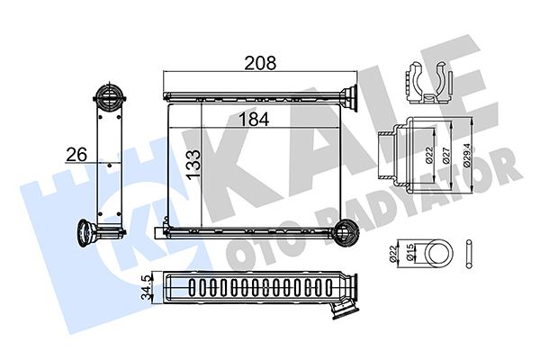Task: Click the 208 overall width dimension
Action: coord(261,63)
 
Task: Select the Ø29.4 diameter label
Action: coord(465,154)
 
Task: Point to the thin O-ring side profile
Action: coord(470,253)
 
